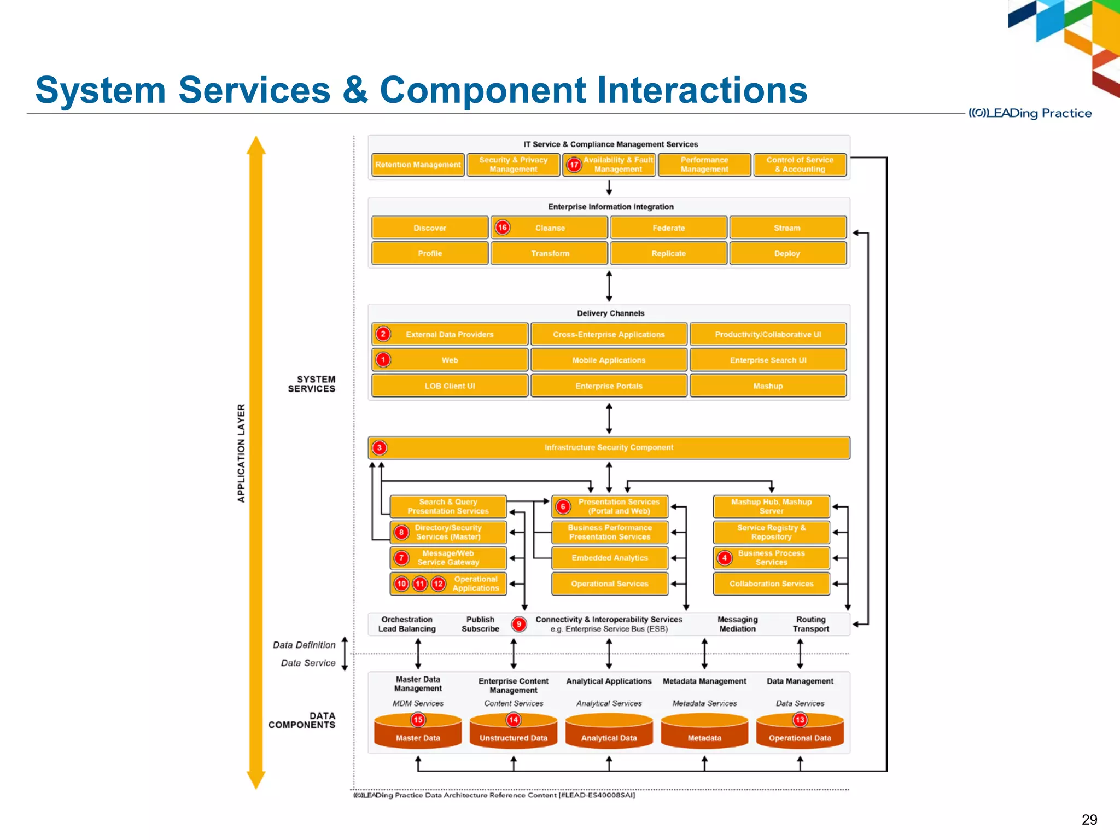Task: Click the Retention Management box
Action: click(x=418, y=165)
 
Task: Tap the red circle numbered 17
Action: click(x=574, y=165)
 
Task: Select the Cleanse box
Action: click(x=550, y=227)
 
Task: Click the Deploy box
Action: click(x=787, y=253)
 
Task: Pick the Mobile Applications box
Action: click(x=609, y=360)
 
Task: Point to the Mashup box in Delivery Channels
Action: click(x=768, y=386)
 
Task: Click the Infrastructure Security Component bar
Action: click(x=609, y=447)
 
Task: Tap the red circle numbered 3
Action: click(x=380, y=447)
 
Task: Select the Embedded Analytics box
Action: click(x=610, y=558)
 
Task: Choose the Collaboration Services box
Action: click(x=771, y=584)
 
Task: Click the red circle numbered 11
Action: click(x=420, y=584)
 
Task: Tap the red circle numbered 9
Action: click(x=519, y=624)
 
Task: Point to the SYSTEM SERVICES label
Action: click(x=312, y=384)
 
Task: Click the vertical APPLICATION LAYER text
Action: click(x=241, y=453)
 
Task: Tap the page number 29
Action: click(x=1089, y=819)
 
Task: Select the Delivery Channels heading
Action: click(x=610, y=313)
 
